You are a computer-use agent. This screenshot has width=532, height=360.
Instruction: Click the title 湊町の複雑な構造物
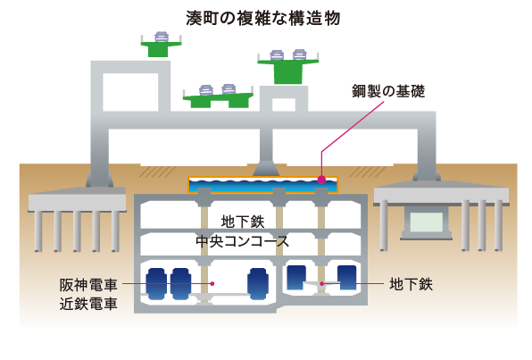(x=263, y=18)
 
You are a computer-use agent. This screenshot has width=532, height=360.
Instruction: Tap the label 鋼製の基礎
(x=388, y=91)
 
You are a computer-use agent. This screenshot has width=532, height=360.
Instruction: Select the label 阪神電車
(x=88, y=285)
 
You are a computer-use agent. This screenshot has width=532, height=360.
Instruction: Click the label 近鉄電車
(x=88, y=304)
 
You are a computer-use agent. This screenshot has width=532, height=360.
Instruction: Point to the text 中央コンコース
(x=242, y=241)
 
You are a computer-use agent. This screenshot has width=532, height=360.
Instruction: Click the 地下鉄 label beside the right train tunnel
(x=411, y=284)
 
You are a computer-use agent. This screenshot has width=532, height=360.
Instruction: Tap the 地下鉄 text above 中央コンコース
(x=243, y=222)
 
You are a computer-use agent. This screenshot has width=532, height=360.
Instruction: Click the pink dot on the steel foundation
(x=321, y=180)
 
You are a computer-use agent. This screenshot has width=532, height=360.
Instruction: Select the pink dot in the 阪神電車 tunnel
(x=212, y=283)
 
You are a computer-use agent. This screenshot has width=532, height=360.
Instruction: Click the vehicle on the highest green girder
(x=162, y=37)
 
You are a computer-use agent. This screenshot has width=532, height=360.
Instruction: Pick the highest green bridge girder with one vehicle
(x=162, y=49)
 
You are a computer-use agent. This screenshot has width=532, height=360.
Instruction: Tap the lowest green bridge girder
(x=218, y=100)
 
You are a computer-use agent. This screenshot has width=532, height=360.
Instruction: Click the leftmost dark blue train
(x=156, y=284)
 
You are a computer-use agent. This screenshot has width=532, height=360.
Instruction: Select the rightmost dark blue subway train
(x=347, y=278)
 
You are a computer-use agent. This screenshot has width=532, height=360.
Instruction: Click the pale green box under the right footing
(x=427, y=222)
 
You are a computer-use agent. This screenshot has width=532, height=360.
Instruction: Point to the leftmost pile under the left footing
(x=38, y=231)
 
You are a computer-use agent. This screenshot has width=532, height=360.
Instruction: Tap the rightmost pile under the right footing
(x=498, y=225)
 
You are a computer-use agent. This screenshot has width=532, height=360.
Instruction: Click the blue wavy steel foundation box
(x=263, y=185)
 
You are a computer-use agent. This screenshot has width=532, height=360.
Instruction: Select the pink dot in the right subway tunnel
(x=321, y=283)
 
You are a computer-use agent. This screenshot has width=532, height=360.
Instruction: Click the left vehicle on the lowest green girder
(x=206, y=90)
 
